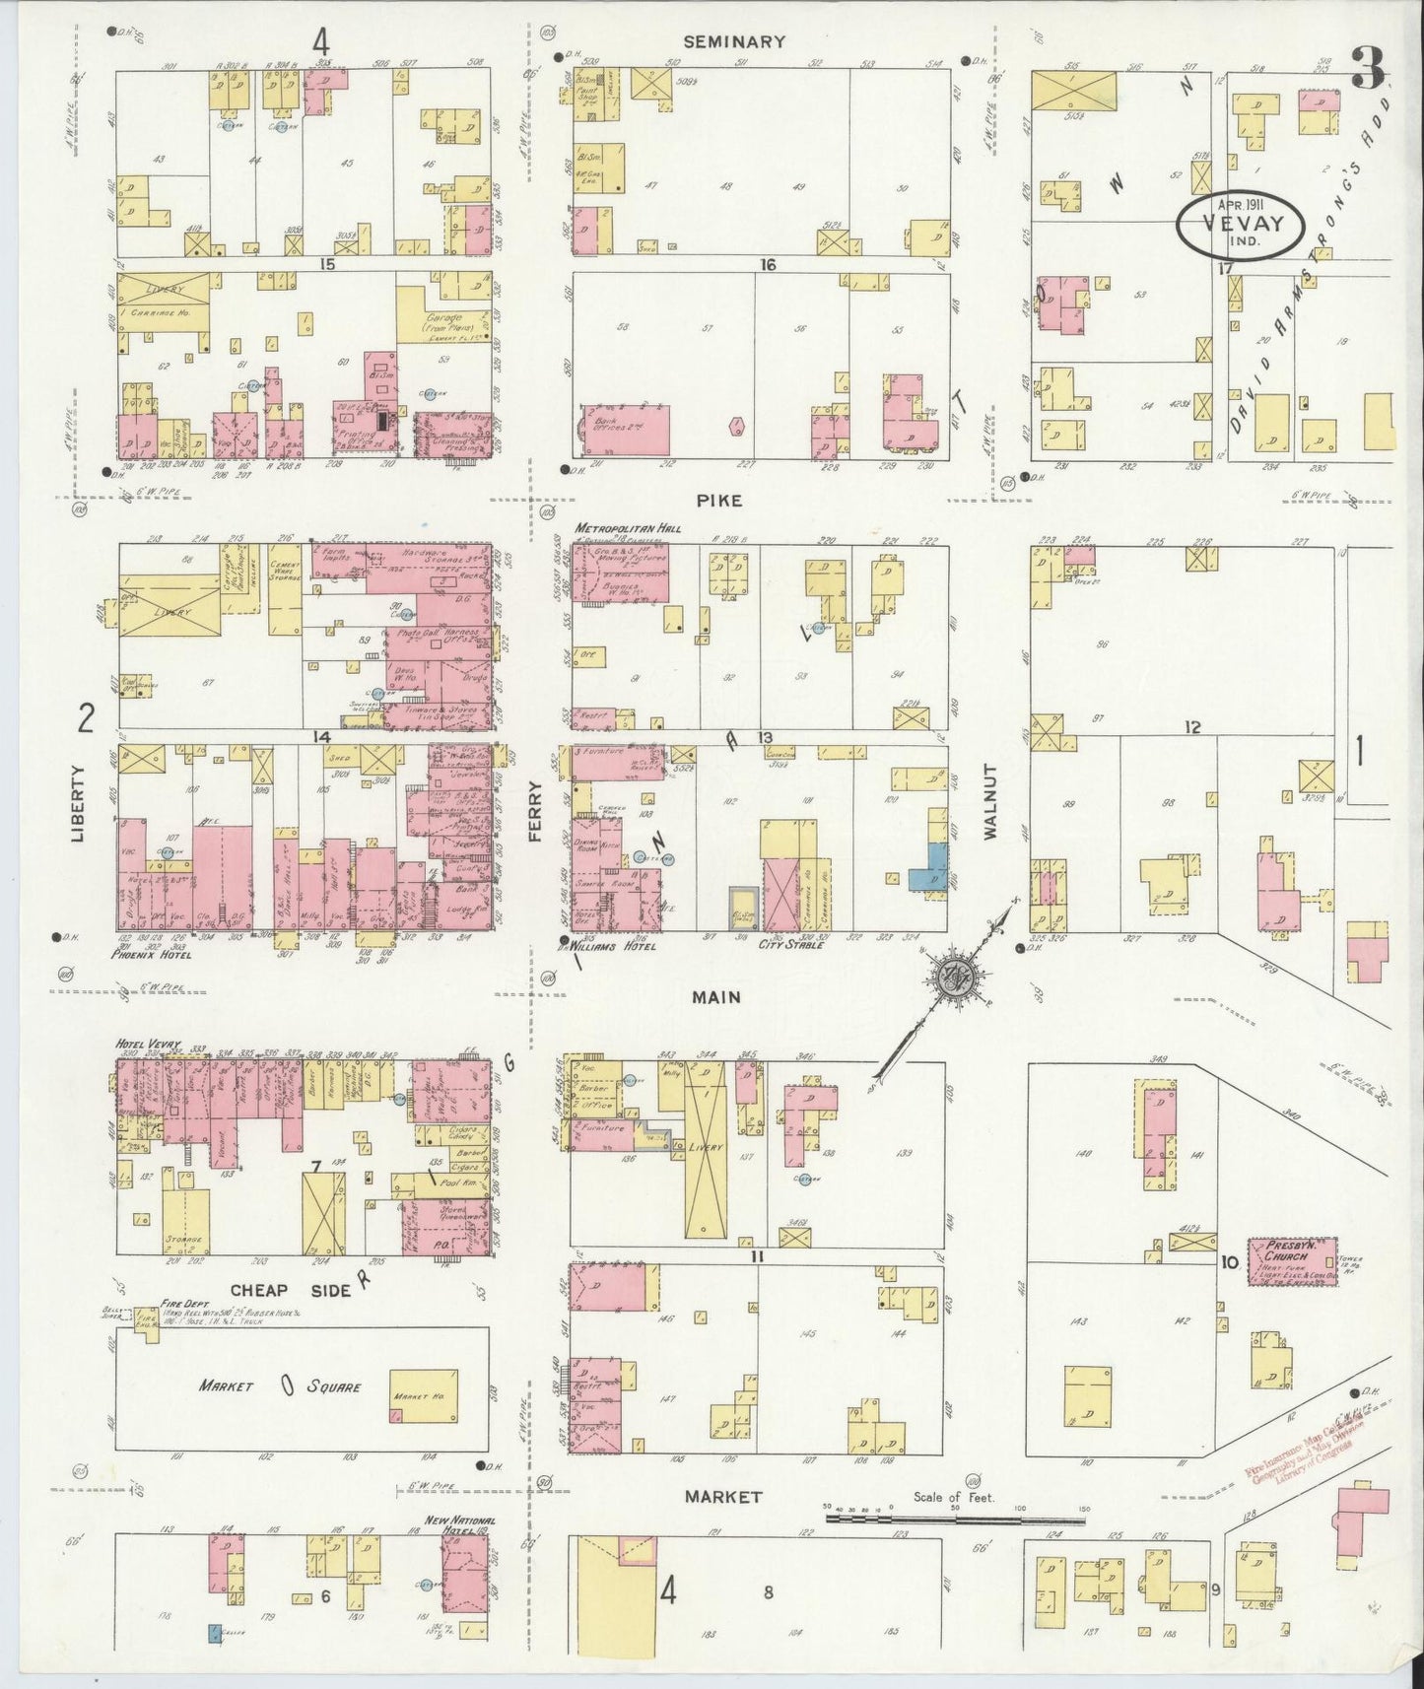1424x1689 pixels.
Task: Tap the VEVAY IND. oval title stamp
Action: coord(1240,224)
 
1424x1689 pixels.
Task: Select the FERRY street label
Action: coord(535,811)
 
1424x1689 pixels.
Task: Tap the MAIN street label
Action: coord(716,997)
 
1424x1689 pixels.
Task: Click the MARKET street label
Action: coord(724,1496)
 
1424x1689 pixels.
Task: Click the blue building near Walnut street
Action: coord(930,866)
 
